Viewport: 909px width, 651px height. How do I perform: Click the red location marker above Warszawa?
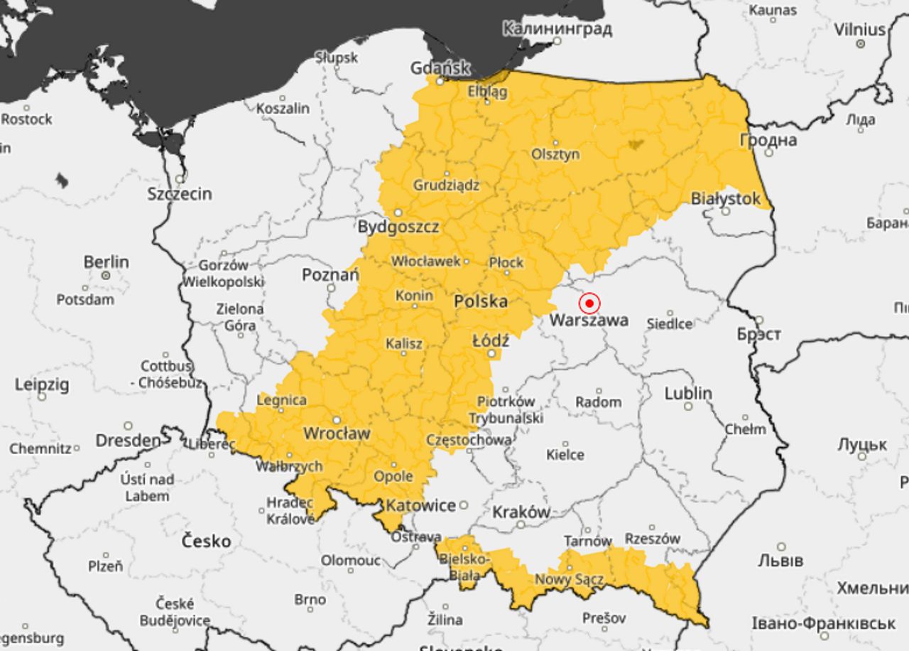coord(589,303)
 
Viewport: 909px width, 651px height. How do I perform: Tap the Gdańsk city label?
coord(440,68)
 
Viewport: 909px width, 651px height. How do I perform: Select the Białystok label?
coord(726,199)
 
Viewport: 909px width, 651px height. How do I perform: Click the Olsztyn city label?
coord(555,154)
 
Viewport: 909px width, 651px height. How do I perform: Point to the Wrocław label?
coord(337,433)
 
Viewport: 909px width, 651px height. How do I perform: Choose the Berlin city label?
coord(107,262)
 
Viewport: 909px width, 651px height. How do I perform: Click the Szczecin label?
coord(180,193)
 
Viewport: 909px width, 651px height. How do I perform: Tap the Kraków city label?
coord(521,512)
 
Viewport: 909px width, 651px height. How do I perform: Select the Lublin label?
coord(687,393)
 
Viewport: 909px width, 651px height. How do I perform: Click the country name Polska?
coord(481,301)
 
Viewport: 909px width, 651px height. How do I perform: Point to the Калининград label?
coord(557,29)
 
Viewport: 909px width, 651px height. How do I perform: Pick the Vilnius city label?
coord(860,30)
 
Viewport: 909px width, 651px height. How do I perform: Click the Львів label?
coord(780,560)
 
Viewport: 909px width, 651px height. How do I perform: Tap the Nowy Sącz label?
coord(569,580)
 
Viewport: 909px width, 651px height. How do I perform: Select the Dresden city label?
coord(128,441)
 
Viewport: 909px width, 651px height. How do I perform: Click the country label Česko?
coord(206,541)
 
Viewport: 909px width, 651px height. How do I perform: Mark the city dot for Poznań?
coord(331,287)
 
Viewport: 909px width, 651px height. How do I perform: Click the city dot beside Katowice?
coord(463,505)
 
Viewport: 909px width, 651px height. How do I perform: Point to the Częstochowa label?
coord(469,440)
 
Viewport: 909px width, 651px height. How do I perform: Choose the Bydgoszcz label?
coord(398,227)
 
